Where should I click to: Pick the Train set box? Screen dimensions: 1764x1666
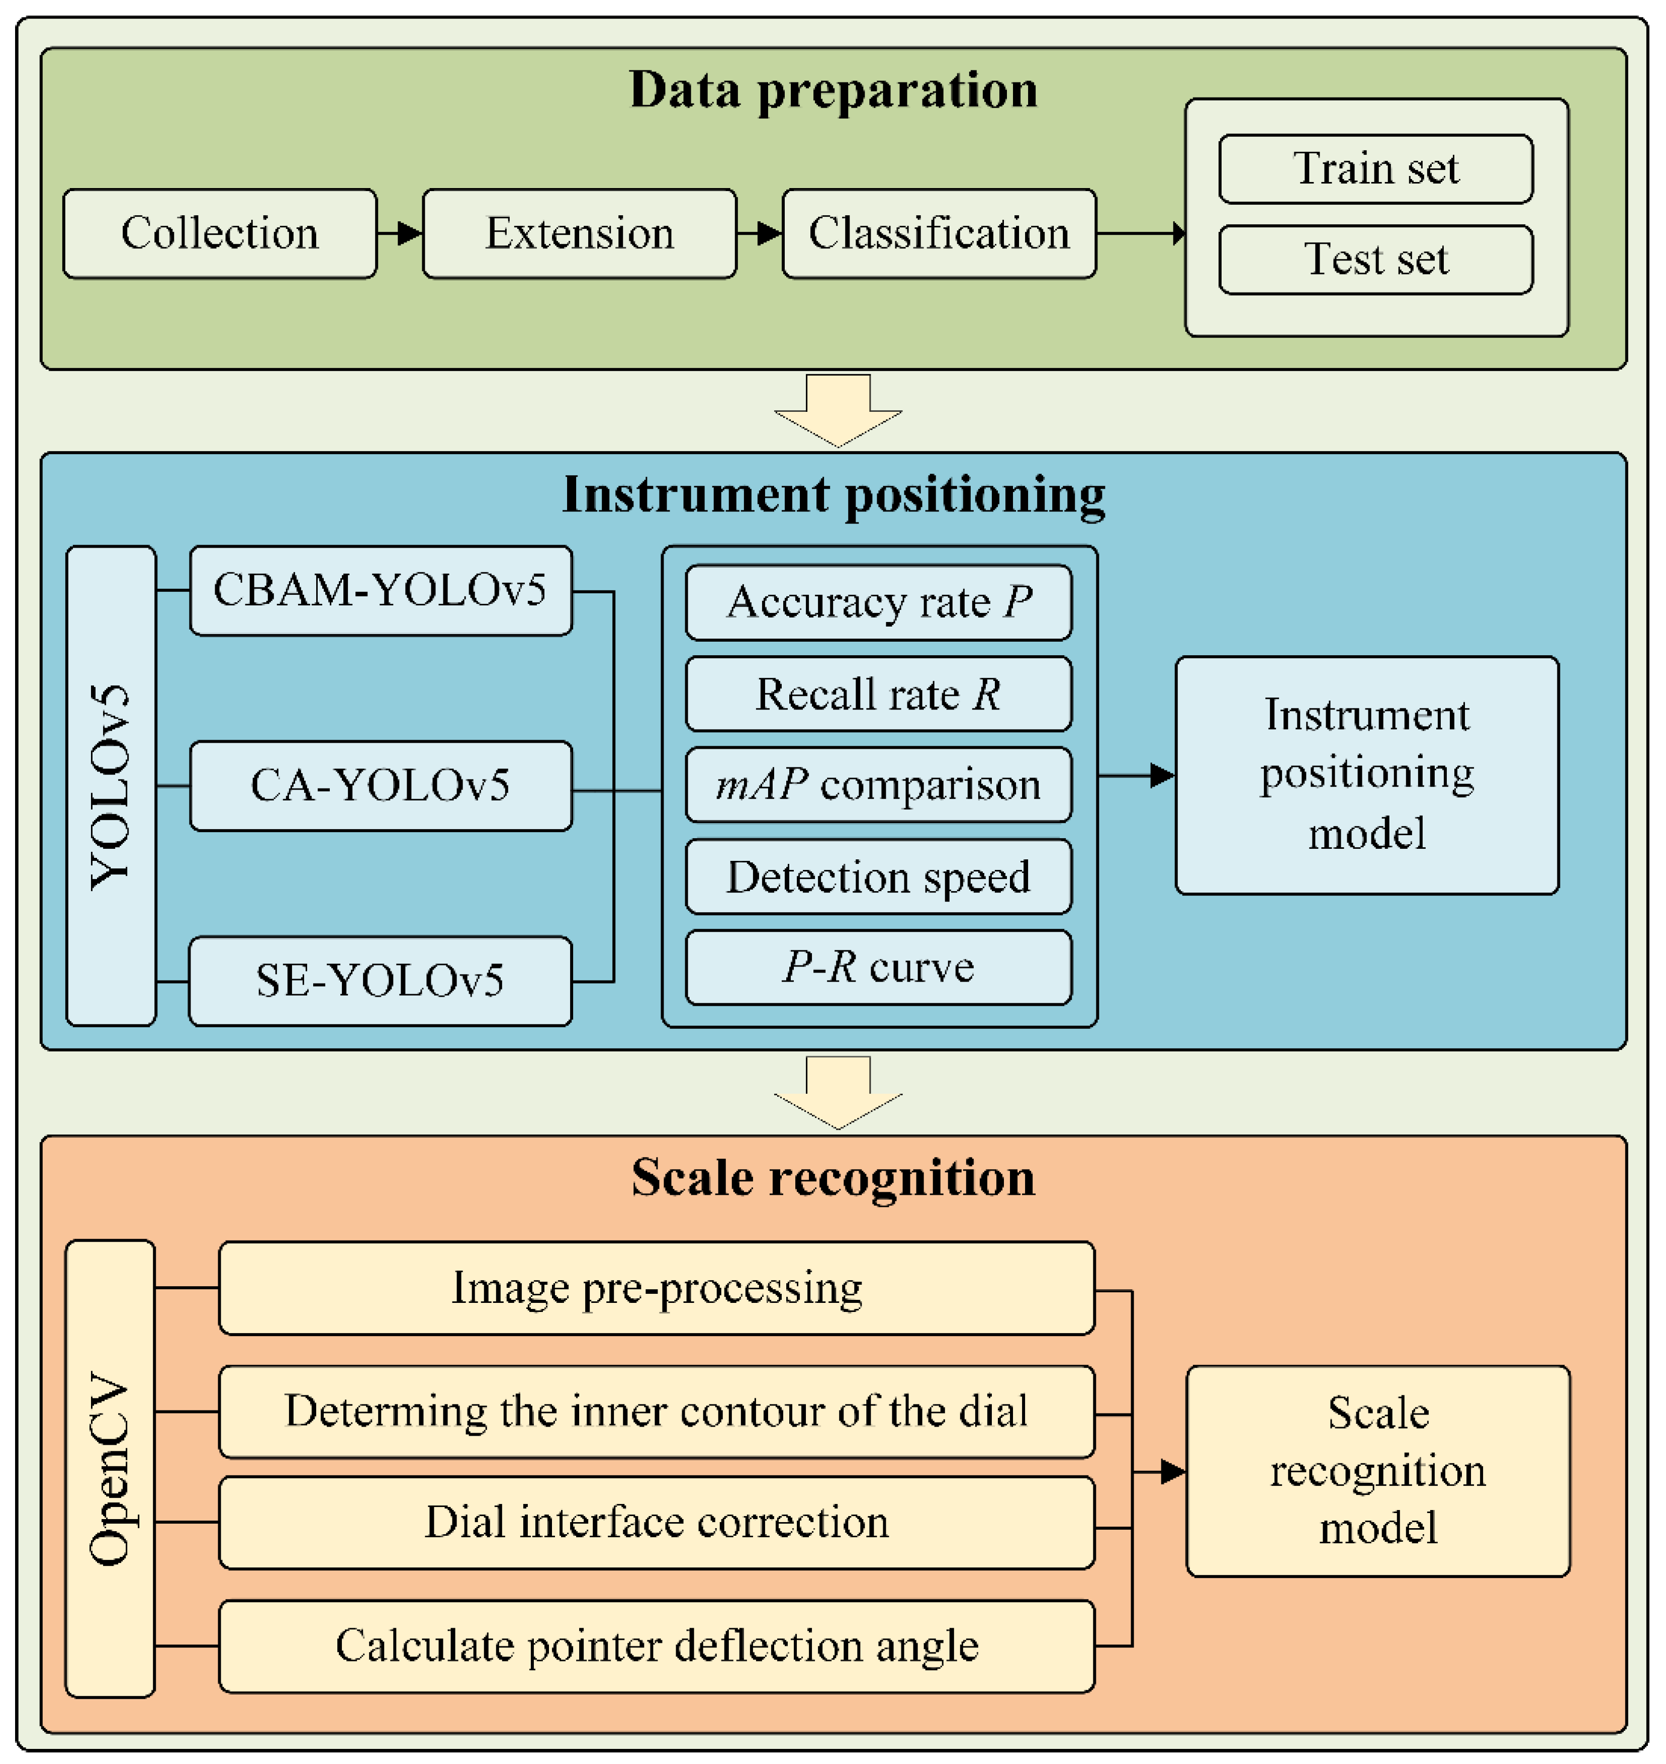[x=1375, y=169]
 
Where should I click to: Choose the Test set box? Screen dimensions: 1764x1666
[x=1375, y=259]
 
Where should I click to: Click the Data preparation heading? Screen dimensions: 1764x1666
[x=833, y=90]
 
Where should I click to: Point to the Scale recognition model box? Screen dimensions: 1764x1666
[x=1377, y=1471]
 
